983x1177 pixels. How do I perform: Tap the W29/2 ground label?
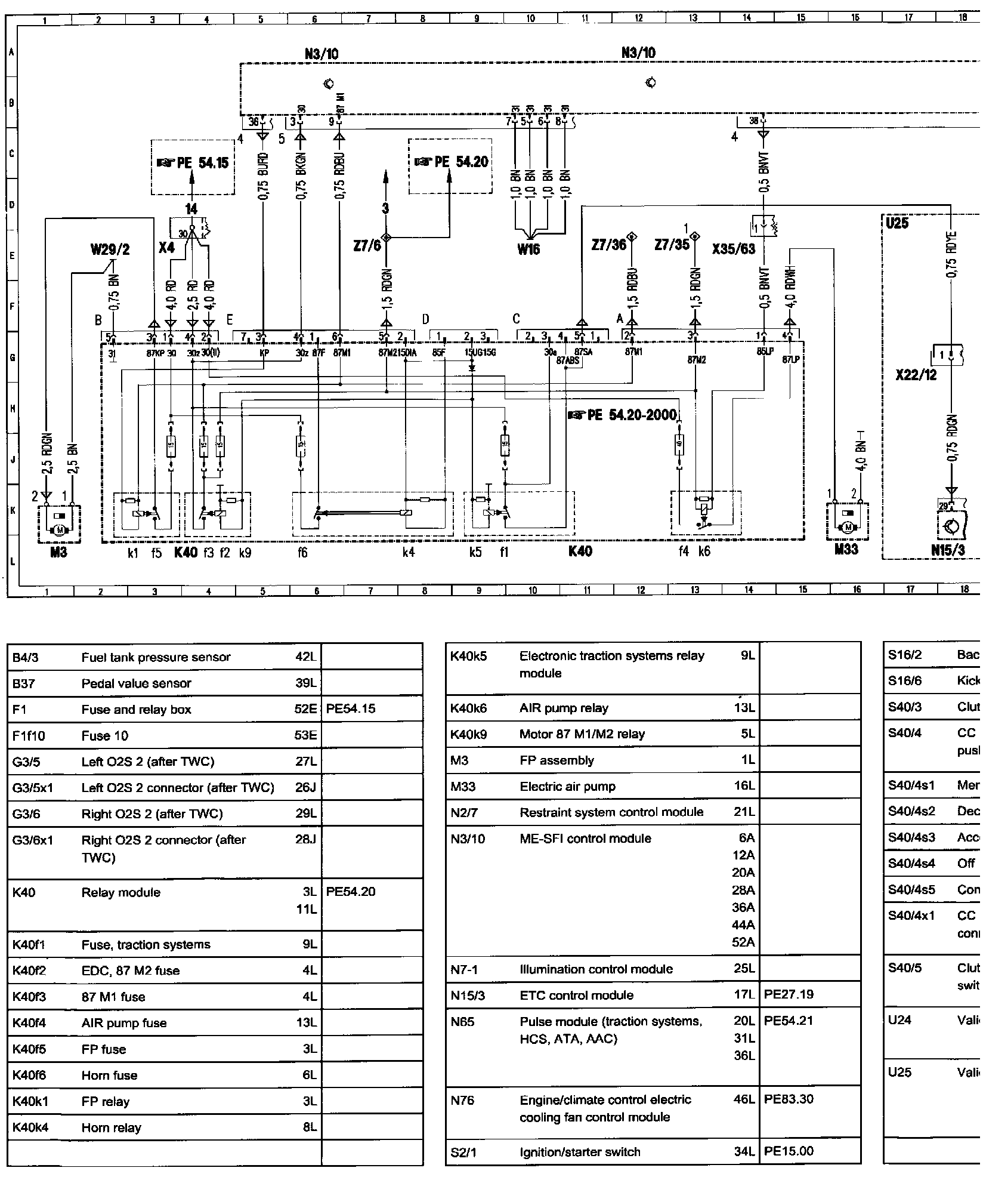110,249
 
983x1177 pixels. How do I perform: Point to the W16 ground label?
528,249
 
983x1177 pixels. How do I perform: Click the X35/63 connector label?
733,249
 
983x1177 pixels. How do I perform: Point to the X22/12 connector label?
916,375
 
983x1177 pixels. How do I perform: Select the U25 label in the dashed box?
897,223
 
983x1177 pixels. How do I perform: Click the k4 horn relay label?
408,553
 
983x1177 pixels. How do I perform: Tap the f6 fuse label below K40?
302,553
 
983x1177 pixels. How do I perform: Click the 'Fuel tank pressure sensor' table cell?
156,657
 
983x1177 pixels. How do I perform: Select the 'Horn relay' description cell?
112,1128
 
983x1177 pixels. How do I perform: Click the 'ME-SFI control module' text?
585,839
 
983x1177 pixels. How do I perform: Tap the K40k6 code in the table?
469,708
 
